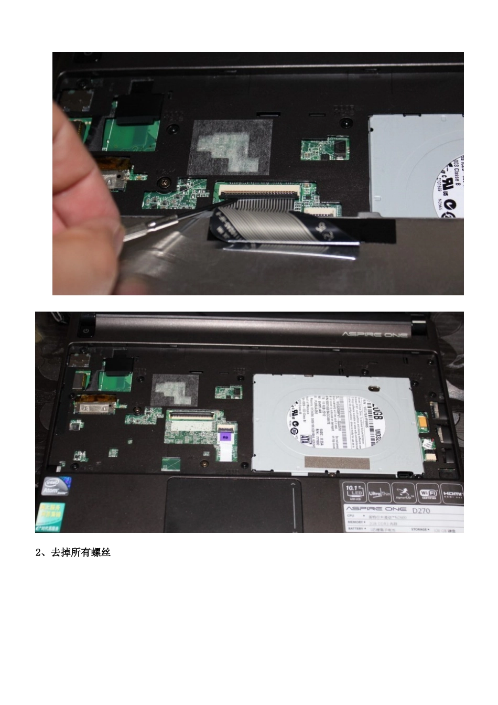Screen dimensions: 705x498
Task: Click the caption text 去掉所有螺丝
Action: (x=80, y=552)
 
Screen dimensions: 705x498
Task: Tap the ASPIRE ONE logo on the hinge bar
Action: (x=375, y=334)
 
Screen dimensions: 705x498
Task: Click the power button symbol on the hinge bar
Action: (x=85, y=331)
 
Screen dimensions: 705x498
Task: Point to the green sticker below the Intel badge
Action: (x=50, y=516)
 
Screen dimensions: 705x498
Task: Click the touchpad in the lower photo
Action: (x=233, y=505)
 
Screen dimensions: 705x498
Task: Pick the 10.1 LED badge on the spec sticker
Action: (x=354, y=493)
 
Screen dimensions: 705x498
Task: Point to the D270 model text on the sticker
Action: (x=420, y=510)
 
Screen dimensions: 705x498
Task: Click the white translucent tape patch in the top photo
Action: (x=231, y=147)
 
